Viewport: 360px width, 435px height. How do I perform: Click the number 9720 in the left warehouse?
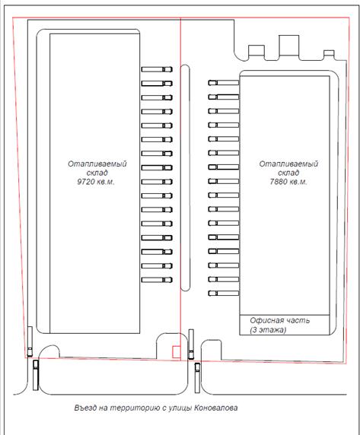(x=85, y=182)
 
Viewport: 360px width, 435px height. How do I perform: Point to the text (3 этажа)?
(x=268, y=330)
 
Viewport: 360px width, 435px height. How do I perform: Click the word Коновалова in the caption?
(x=215, y=408)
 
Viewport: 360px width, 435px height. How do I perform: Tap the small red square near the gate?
(x=177, y=352)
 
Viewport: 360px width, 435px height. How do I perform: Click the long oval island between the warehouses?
(x=185, y=177)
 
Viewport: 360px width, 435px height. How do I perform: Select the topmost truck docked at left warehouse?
(x=157, y=69)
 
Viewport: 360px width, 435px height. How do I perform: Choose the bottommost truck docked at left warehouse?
(x=157, y=280)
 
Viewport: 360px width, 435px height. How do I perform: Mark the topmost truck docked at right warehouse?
(x=224, y=83)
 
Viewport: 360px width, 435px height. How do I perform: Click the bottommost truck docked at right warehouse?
(x=224, y=293)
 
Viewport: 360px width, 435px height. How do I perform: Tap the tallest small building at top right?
(x=289, y=46)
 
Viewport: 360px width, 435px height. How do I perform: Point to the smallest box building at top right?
(x=330, y=54)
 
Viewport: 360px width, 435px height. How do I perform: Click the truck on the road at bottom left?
(x=36, y=375)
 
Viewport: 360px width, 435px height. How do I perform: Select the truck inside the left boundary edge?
(x=30, y=341)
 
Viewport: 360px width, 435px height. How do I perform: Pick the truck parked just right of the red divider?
(x=191, y=345)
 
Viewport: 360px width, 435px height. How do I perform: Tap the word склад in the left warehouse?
(x=97, y=173)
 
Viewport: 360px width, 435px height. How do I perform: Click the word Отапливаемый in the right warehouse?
(x=288, y=164)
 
